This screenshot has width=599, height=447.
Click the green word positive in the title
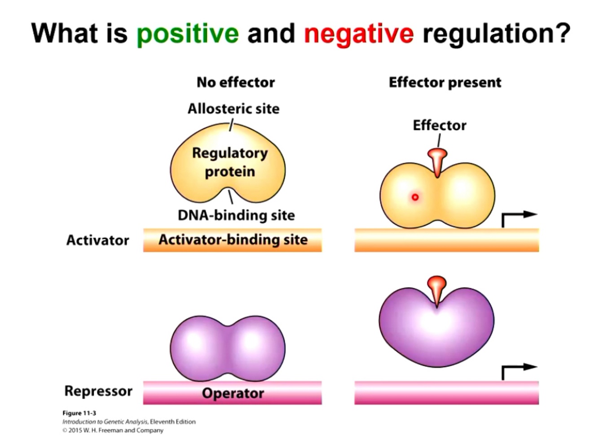(188, 33)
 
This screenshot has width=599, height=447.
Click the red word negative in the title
(358, 33)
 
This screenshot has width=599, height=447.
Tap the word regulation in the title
(496, 33)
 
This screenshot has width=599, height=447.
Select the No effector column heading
(235, 82)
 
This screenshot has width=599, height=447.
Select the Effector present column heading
(445, 82)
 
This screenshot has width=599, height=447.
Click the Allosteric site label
(233, 108)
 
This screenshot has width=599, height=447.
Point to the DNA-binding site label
(236, 215)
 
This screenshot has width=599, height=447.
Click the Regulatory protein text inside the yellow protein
(229, 162)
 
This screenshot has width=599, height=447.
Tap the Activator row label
(97, 240)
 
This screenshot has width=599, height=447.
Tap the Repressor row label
(98, 391)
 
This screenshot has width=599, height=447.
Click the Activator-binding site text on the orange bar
(233, 240)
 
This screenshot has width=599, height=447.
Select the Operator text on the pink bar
(233, 393)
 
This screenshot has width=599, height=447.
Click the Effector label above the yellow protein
(439, 125)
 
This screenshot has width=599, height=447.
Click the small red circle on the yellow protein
(415, 197)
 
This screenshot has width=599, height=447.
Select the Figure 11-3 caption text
(79, 413)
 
